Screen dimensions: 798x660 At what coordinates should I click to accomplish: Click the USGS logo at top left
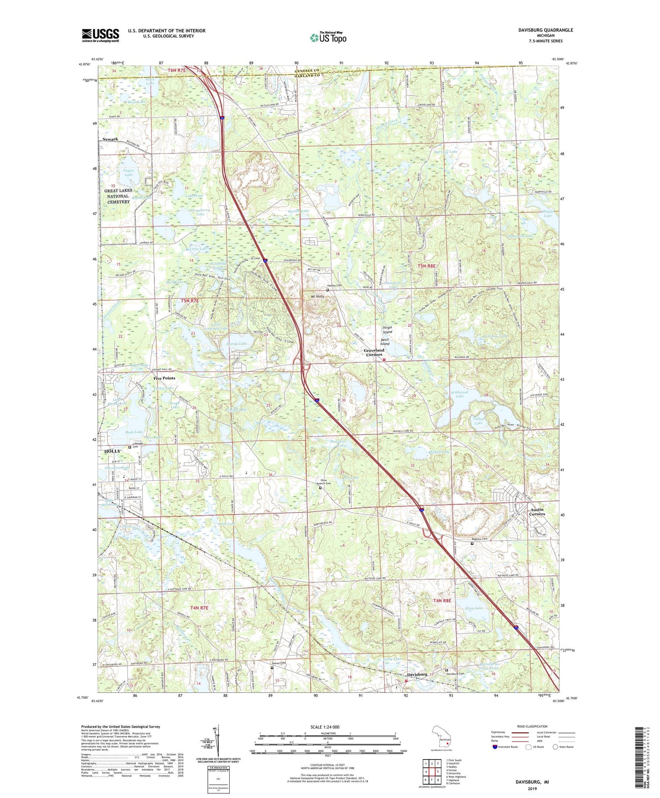[100, 35]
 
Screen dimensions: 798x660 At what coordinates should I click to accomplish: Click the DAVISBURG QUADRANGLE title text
[545, 30]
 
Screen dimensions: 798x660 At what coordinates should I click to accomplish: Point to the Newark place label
[110, 139]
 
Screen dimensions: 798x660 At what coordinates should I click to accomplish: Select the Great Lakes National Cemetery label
[118, 196]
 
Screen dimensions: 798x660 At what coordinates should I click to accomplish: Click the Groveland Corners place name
[374, 352]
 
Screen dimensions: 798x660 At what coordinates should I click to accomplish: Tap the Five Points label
[164, 378]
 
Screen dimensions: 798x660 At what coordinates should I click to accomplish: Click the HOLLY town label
[112, 451]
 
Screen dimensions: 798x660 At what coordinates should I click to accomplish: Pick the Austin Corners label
[537, 511]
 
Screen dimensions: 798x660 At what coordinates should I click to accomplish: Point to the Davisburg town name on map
[417, 675]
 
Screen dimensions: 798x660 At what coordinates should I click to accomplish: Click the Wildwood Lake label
[459, 394]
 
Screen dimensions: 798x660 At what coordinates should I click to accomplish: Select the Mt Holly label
[317, 297]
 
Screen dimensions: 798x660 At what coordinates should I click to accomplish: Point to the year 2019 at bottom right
[532, 788]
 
